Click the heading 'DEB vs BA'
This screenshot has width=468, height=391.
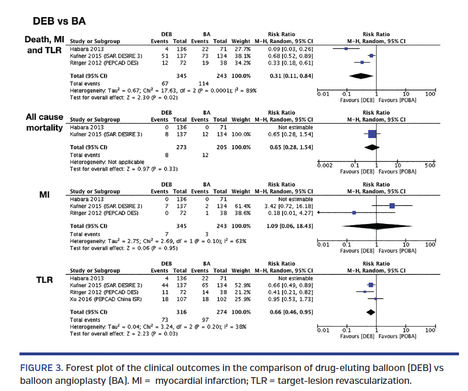pos(59,21)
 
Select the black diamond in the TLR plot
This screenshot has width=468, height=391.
pos(370,312)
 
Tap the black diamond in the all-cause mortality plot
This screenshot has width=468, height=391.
pos(372,147)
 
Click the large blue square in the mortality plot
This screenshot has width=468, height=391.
pos(372,135)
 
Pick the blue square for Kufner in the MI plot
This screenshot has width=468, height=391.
pos(392,206)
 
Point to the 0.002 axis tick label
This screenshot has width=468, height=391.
pos(326,166)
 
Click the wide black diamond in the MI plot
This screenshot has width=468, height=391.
pos(376,226)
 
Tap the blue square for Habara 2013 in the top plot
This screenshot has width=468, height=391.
pos(346,48)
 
